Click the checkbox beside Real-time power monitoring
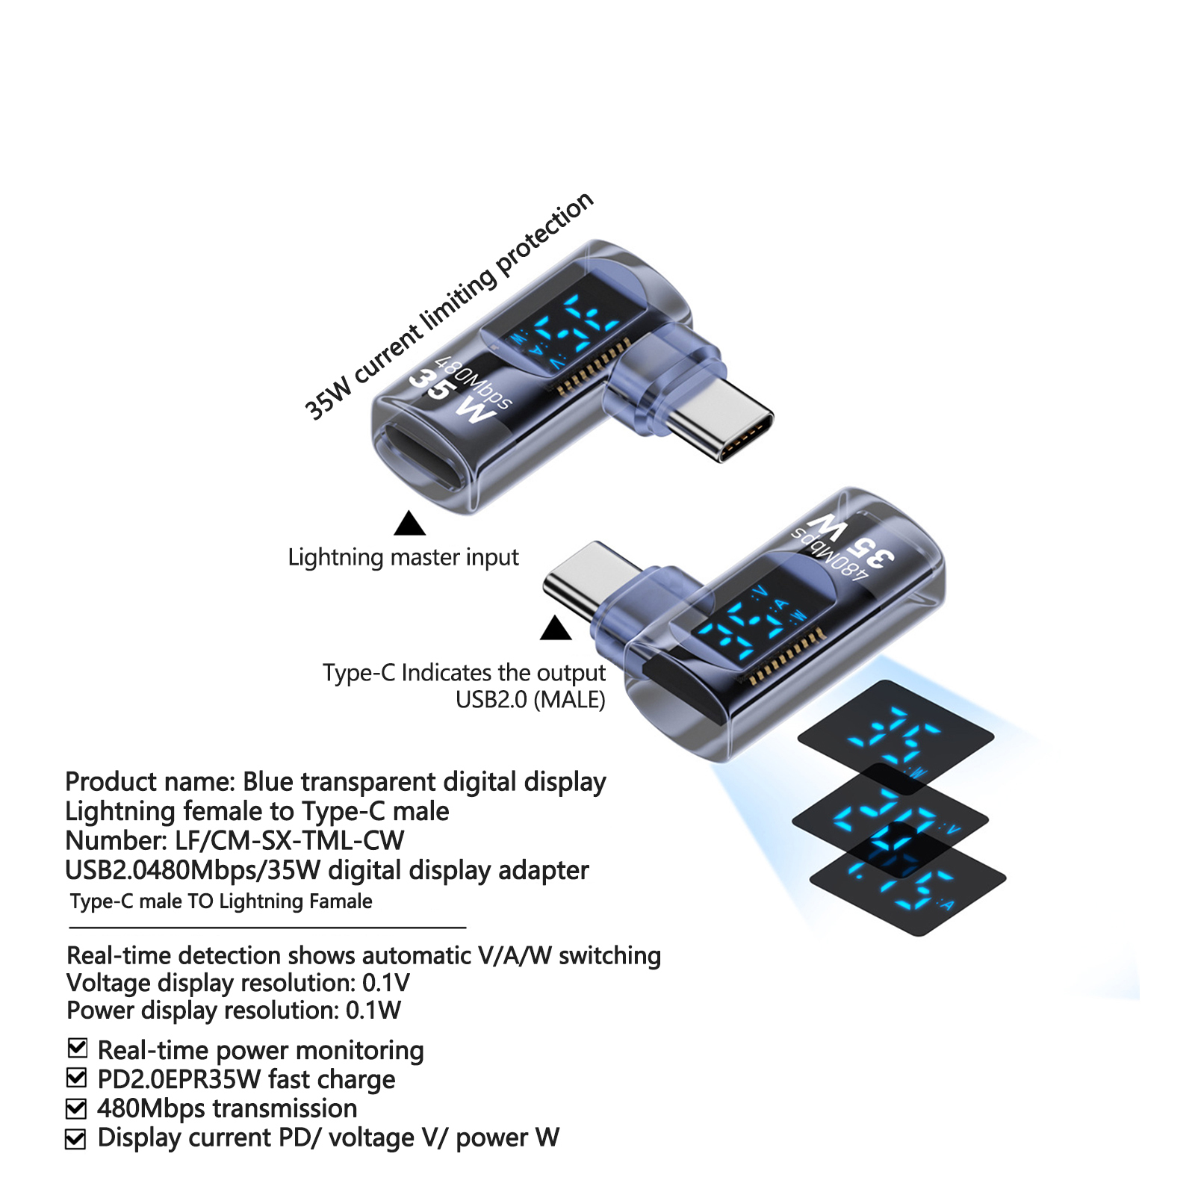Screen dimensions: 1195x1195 [x=78, y=1048]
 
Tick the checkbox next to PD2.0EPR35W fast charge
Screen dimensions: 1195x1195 [x=77, y=1078]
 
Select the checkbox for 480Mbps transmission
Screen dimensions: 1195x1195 [x=76, y=1108]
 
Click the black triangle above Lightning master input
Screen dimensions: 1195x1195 [x=409, y=524]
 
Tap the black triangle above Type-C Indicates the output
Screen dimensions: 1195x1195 [x=556, y=629]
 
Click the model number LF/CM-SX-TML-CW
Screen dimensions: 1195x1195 [x=290, y=841]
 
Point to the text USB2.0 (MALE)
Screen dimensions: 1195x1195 [x=530, y=700]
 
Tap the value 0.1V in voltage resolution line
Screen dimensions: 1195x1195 [x=385, y=983]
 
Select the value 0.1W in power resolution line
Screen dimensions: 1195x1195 [x=373, y=1011]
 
